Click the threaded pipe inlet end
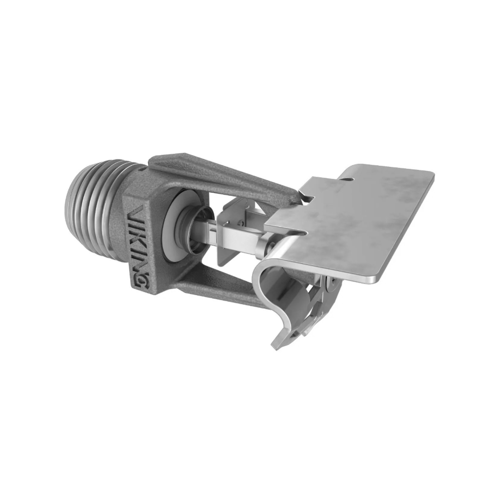(x=88, y=200)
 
